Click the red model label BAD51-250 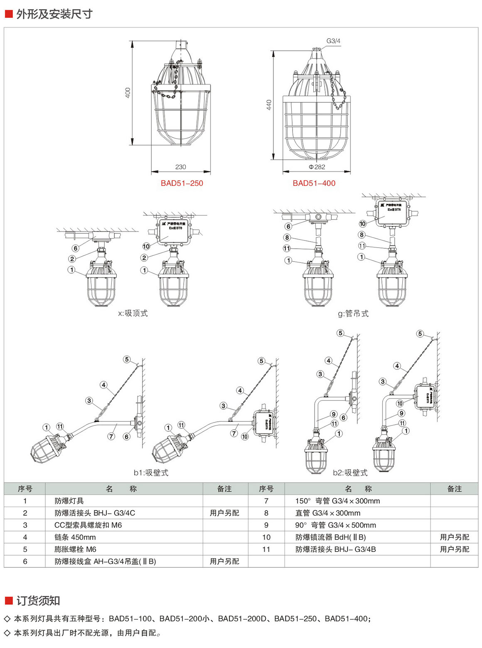click(182, 183)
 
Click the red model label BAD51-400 click(314, 183)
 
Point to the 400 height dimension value click(128, 92)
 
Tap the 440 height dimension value click(269, 105)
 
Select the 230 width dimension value click(180, 167)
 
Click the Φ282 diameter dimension click(317, 167)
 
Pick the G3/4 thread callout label click(333, 41)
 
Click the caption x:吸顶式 click(133, 313)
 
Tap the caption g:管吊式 click(353, 314)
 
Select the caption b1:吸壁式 click(151, 472)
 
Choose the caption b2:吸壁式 click(350, 472)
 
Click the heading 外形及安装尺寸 click(54, 14)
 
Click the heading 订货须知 click(38, 601)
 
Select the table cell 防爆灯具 click(69, 501)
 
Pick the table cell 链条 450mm click(75, 537)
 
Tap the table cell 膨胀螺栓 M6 click(75, 549)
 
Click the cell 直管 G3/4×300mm click(328, 513)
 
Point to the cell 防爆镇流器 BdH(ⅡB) click(330, 537)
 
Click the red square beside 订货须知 click(9, 601)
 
